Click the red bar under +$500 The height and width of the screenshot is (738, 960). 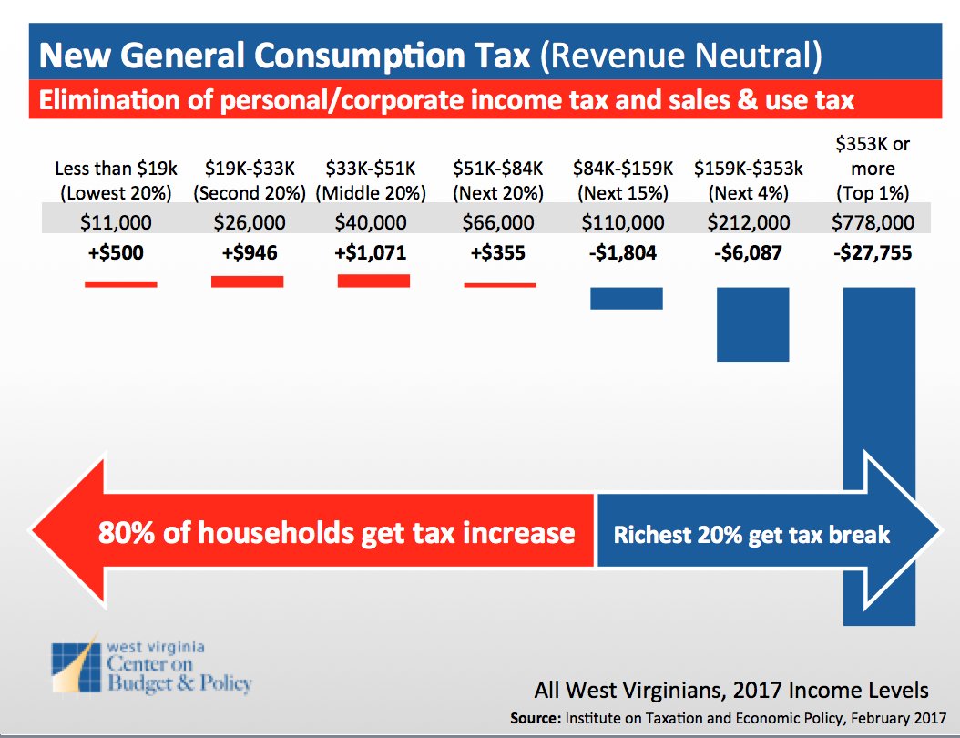(x=120, y=284)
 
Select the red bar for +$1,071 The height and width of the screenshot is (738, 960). (x=373, y=281)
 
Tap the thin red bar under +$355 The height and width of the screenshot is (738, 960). (x=500, y=285)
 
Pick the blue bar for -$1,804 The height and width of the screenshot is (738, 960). (x=626, y=299)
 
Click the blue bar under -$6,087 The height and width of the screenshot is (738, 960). (x=752, y=324)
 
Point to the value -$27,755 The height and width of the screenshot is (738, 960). (x=873, y=253)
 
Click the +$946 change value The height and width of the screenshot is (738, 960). (x=250, y=253)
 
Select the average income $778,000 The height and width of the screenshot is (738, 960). (x=873, y=222)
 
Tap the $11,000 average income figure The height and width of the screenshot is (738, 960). (x=116, y=222)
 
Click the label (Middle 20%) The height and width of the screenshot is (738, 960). (x=371, y=192)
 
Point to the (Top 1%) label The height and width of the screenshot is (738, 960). (x=873, y=192)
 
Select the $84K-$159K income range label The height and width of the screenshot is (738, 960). (x=623, y=169)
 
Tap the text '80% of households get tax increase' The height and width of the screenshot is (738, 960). (x=336, y=532)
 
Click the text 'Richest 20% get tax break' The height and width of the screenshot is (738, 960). (x=751, y=534)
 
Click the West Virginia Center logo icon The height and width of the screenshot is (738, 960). (x=77, y=665)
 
